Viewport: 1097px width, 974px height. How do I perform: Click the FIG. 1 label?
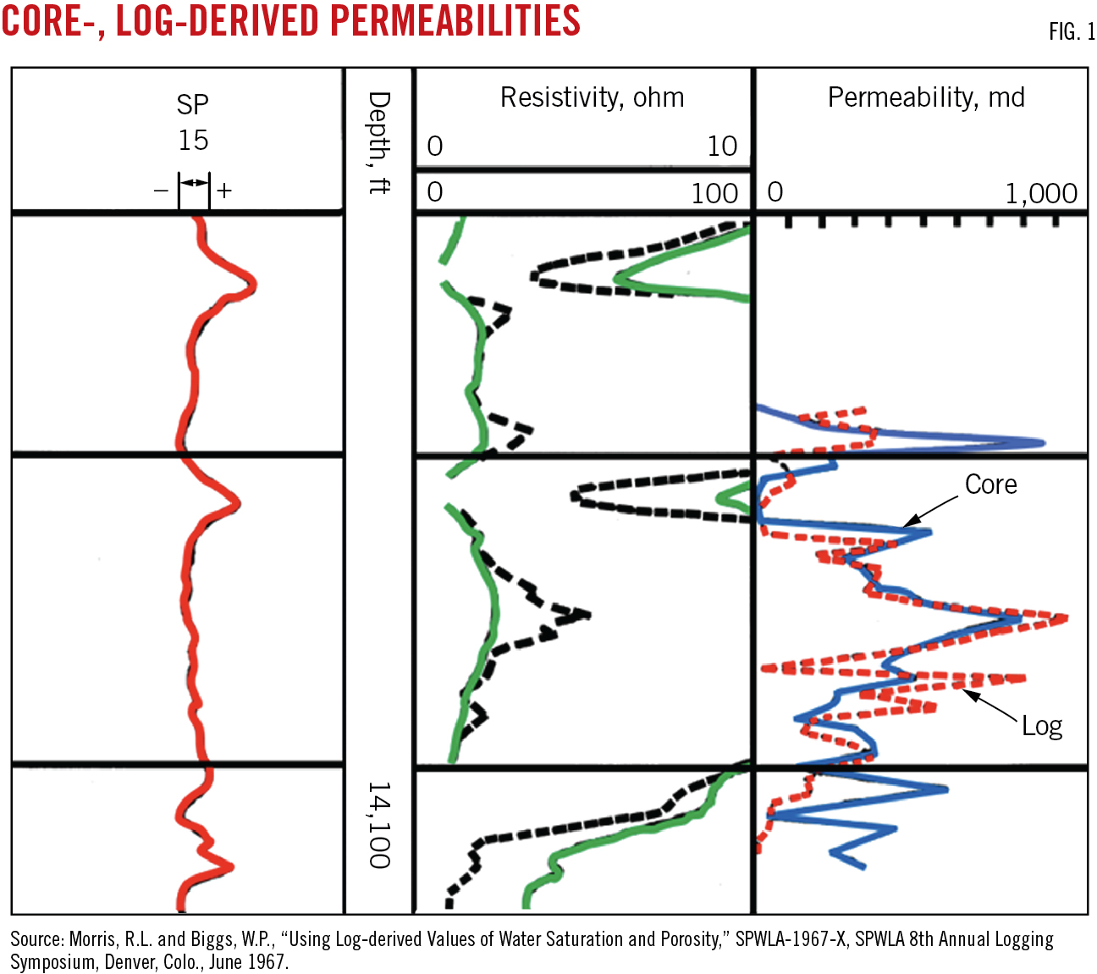click(1072, 32)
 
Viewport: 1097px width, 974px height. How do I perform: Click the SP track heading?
click(192, 105)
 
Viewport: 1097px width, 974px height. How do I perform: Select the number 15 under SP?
click(193, 140)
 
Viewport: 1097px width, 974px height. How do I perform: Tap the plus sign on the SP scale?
click(223, 191)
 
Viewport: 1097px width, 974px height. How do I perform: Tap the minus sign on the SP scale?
click(161, 191)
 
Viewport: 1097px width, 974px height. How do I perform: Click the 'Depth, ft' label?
click(379, 142)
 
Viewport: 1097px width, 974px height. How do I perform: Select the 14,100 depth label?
click(379, 825)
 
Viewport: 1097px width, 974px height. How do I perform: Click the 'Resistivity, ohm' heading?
click(592, 97)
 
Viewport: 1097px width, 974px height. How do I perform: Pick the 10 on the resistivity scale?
click(722, 147)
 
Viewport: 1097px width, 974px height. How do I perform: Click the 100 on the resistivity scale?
click(714, 194)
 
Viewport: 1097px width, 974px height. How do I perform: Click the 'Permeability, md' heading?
click(926, 97)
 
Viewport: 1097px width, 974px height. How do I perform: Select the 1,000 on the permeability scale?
click(1041, 194)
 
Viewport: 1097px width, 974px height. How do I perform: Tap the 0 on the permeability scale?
click(775, 192)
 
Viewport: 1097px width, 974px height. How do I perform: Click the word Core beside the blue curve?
click(990, 484)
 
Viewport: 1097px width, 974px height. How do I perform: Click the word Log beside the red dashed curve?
click(1041, 726)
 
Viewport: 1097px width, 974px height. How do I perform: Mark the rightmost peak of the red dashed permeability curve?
click(1065, 618)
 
